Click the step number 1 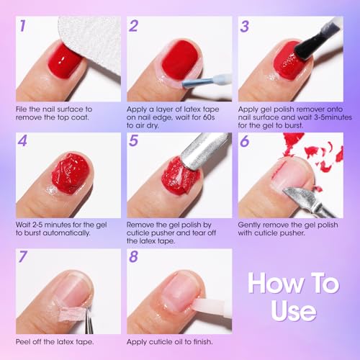pos(23,27)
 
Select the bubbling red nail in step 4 pos(71,173)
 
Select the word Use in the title pos(293,310)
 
